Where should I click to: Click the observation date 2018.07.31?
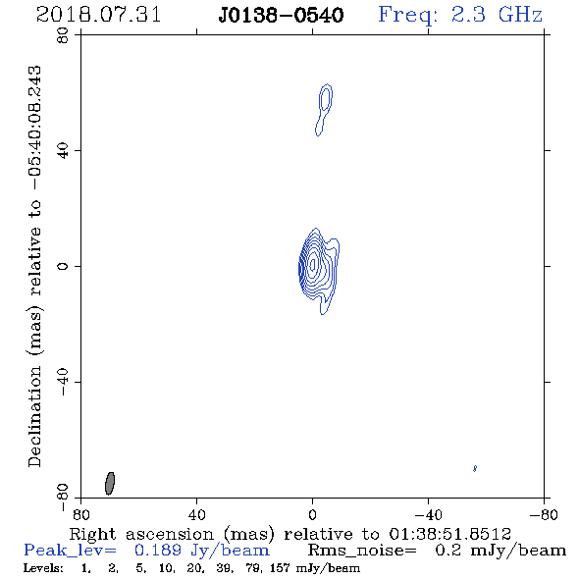tap(98, 15)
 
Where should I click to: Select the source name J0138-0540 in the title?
tap(282, 16)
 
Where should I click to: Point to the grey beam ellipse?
tap(110, 484)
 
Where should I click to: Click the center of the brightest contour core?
tap(313, 264)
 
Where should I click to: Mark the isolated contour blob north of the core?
tap(324, 110)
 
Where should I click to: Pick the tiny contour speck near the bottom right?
tap(475, 468)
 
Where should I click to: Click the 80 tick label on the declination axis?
tap(63, 35)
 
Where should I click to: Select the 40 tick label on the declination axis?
tap(63, 151)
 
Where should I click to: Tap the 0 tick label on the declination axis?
tap(63, 266)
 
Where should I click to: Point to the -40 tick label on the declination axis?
tap(63, 382)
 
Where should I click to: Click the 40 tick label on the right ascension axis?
tap(197, 515)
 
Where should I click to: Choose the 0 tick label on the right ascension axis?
tap(313, 515)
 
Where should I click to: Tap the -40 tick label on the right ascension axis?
tap(428, 515)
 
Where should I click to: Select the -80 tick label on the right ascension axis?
tap(544, 515)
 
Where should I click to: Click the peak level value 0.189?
tap(158, 551)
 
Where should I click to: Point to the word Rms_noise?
tap(362, 551)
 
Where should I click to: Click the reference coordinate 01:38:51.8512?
tap(449, 534)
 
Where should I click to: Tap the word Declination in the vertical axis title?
tap(34, 416)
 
